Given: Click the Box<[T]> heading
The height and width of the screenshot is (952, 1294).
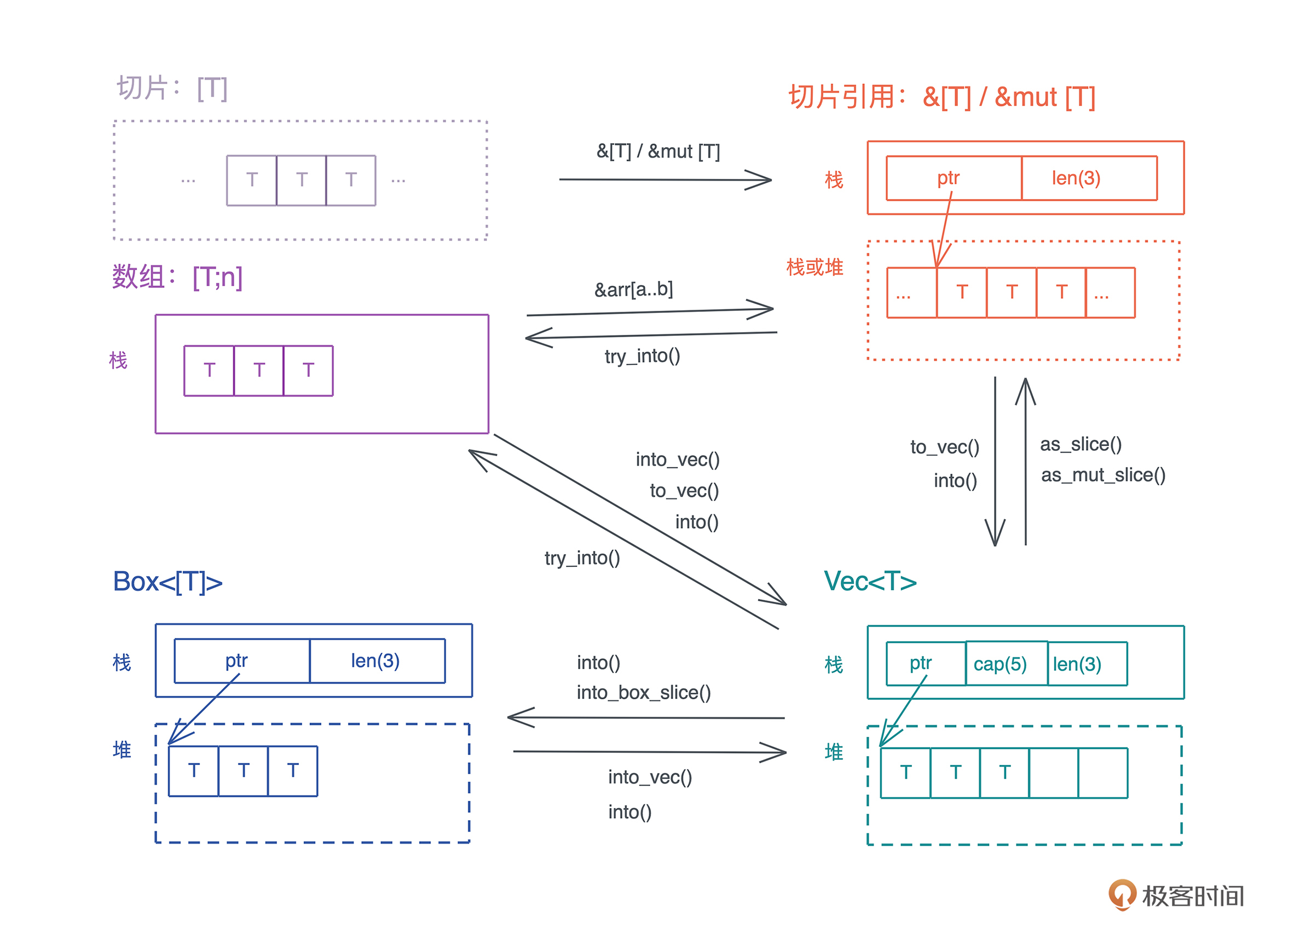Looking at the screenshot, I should click(167, 582).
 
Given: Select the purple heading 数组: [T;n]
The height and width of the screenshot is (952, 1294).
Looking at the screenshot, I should click(177, 277).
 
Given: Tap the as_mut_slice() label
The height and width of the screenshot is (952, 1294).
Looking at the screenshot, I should click(1102, 475).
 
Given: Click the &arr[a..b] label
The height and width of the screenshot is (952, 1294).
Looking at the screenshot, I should click(633, 289).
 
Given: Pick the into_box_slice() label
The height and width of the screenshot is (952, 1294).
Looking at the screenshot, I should click(643, 692).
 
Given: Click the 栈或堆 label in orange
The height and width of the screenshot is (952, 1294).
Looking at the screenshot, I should click(814, 268).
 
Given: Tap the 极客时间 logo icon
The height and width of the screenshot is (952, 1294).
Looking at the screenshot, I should click(1121, 894).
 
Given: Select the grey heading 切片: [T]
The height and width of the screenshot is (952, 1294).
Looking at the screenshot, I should click(172, 88).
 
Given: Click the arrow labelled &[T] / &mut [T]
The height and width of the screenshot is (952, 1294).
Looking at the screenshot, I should click(664, 180).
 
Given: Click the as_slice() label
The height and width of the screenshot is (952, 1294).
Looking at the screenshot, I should click(1081, 444).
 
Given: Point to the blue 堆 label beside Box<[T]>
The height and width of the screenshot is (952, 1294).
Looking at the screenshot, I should click(122, 750).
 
